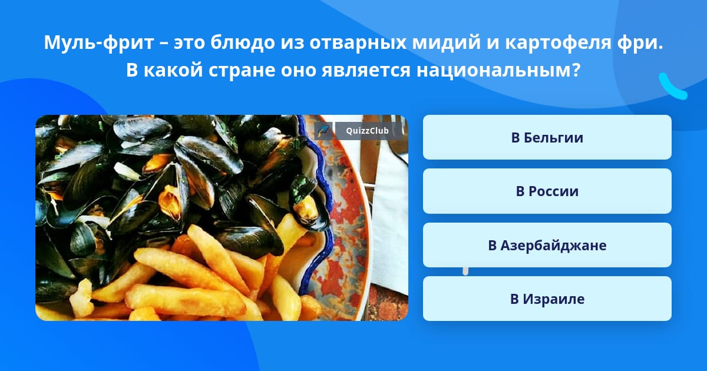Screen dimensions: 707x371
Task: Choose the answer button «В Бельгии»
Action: pos(547,137)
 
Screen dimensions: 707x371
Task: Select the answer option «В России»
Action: pos(547,191)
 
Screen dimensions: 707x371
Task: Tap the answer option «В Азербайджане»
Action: pos(547,245)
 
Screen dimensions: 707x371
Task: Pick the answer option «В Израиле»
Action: pos(547,299)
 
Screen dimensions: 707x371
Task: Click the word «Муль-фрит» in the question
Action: pos(99,42)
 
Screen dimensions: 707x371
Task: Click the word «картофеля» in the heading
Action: pos(559,43)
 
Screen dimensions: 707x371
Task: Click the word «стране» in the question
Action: pos(242,71)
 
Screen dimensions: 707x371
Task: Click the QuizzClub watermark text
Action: pos(367,131)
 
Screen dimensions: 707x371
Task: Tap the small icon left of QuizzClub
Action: pos(323,131)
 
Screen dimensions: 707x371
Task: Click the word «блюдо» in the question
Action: pos(243,42)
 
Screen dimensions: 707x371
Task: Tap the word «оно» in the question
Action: pos(299,71)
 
